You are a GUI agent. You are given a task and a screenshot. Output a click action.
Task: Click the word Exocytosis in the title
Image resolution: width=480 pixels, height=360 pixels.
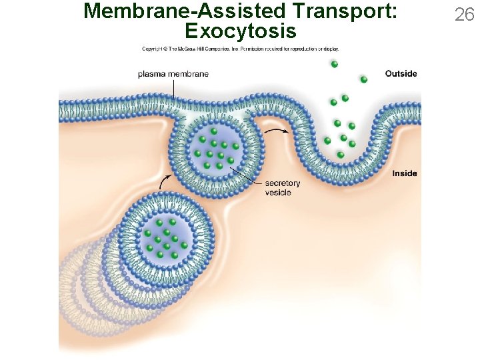(x=240, y=31)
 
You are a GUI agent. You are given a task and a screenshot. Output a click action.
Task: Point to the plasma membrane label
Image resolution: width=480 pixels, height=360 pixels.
(x=173, y=73)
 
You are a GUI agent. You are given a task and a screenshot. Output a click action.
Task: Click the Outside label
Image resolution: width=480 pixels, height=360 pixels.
(x=401, y=73)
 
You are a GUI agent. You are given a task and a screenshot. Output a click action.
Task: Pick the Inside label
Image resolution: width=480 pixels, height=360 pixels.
(x=405, y=173)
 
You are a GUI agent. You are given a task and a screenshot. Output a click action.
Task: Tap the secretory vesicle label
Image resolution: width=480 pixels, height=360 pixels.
(x=283, y=187)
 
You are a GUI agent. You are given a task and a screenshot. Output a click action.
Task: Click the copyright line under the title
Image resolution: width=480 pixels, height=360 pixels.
(x=240, y=49)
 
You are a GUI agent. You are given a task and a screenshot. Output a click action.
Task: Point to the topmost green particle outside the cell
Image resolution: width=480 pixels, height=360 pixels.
(x=334, y=64)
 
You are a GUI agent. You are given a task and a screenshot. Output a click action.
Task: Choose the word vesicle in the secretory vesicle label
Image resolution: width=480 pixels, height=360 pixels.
(x=278, y=193)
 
